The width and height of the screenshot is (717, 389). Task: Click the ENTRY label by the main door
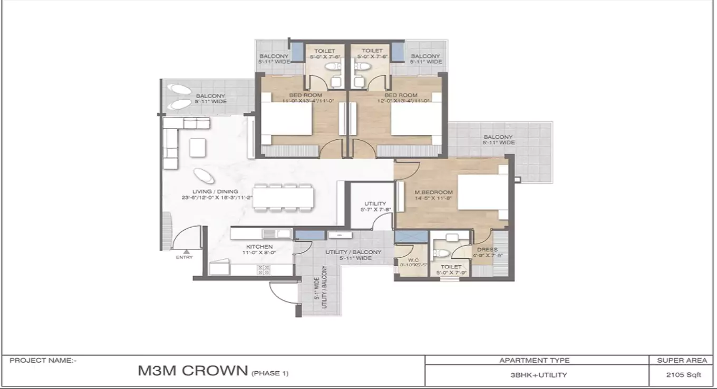coord(184,257)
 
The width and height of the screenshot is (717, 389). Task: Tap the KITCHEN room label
coord(259,247)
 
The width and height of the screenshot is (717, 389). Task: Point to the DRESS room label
coord(487,249)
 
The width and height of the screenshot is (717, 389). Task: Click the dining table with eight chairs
coord(283,197)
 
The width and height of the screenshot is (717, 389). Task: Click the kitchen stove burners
coord(264,269)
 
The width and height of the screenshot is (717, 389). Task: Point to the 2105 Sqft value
coord(683,375)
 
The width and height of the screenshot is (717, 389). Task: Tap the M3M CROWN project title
coord(192,371)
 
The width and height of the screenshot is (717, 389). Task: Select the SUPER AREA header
coord(682,361)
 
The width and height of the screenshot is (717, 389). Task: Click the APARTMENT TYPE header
coord(535,361)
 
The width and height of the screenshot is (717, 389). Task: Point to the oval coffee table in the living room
coord(200,174)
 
